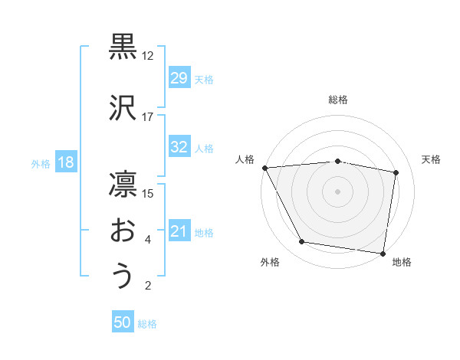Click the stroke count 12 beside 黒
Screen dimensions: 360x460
[x=148, y=56]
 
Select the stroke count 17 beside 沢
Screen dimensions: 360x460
[x=148, y=117]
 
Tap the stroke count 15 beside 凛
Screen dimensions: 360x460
[x=148, y=193]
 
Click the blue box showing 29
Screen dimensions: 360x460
[x=179, y=77]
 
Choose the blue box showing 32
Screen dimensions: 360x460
[x=179, y=147]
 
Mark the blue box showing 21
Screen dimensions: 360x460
[x=179, y=231]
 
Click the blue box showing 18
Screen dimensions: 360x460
[x=65, y=162]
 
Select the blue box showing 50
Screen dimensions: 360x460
[x=123, y=322]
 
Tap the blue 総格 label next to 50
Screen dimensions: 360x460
[x=148, y=324]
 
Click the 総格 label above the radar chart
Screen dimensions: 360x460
[x=337, y=100]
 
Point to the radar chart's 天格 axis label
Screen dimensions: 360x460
[x=432, y=159]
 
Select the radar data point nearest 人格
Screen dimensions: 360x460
[x=264, y=168]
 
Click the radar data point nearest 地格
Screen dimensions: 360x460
[x=383, y=253]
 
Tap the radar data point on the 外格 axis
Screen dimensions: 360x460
[x=302, y=242]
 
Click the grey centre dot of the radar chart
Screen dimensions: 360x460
[x=337, y=191]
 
